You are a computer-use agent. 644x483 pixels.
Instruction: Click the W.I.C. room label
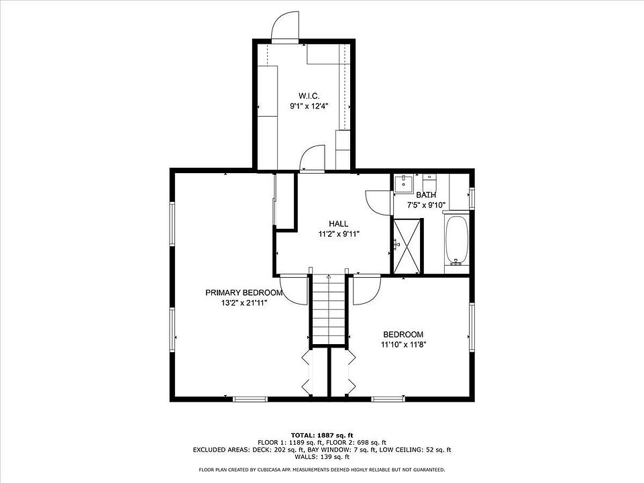(309, 96)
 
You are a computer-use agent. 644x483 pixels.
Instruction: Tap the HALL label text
(338, 224)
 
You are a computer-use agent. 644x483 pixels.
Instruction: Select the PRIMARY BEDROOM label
(244, 293)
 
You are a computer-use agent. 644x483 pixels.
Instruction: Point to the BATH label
(426, 195)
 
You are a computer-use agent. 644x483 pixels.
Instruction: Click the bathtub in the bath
(456, 240)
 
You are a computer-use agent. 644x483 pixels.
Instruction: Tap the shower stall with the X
(407, 246)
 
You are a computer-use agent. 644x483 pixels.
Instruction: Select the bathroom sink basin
(404, 183)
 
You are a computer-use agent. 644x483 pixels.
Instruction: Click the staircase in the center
(329, 310)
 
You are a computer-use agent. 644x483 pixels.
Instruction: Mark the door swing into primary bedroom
(294, 290)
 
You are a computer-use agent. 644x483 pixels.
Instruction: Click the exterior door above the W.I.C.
(285, 27)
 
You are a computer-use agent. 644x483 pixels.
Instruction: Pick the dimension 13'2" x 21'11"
(244, 303)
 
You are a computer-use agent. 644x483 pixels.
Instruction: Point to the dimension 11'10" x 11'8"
(403, 345)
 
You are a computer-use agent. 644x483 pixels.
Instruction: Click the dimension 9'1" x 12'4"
(309, 107)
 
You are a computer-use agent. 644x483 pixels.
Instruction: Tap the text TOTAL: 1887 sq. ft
(322, 435)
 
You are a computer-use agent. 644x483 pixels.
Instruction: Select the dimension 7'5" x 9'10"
(426, 205)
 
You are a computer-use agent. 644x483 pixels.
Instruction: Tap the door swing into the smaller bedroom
(367, 290)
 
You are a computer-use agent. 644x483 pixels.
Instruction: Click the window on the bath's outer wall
(472, 199)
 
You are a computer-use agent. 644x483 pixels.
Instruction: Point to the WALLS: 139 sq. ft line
(322, 457)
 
